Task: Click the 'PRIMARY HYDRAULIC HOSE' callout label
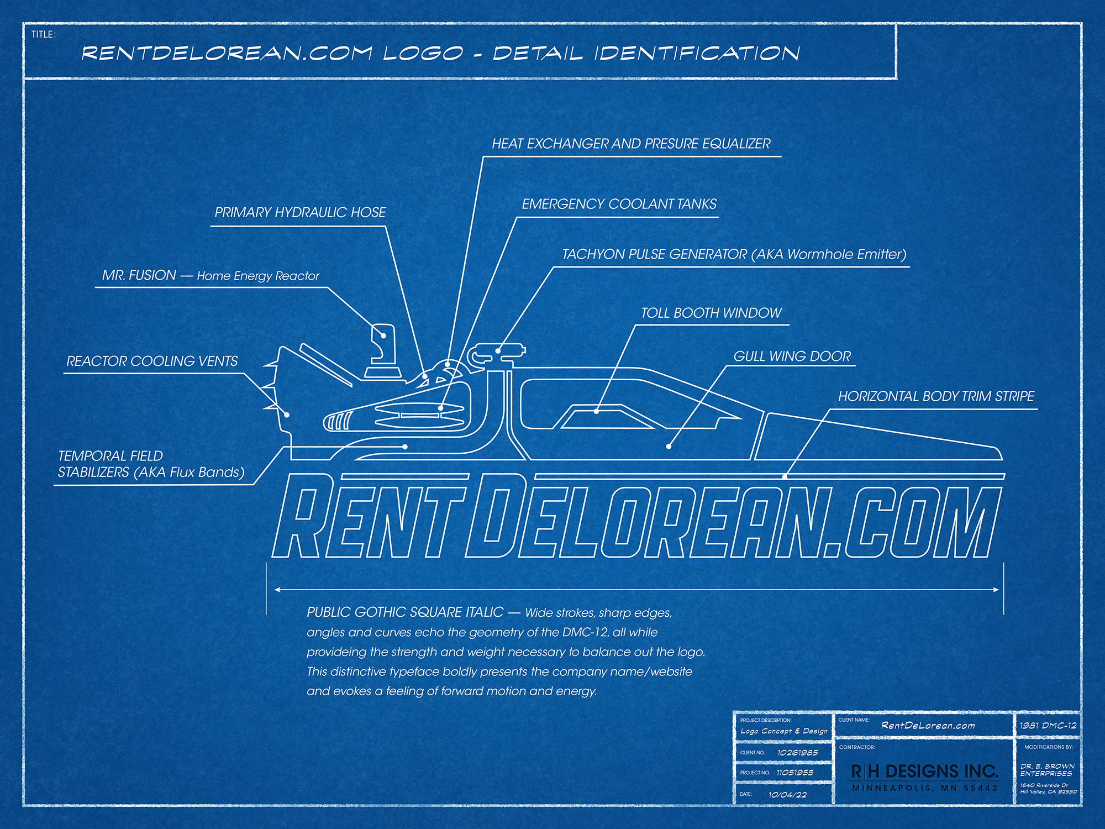(300, 213)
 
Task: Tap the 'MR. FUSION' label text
(139, 275)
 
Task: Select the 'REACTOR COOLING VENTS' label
(152, 361)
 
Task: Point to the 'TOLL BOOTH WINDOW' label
(711, 313)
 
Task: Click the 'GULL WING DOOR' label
(792, 356)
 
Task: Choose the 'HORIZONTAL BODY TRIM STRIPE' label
(936, 397)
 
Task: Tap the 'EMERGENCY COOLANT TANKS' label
(619, 204)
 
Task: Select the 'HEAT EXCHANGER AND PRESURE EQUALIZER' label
(631, 144)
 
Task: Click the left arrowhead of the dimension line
(277, 590)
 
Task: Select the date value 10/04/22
(787, 795)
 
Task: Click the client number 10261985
(797, 753)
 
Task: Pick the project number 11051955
(794, 773)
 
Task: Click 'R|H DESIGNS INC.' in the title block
(924, 772)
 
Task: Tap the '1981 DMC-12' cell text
(1048, 726)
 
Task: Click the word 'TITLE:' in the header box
(43, 34)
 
